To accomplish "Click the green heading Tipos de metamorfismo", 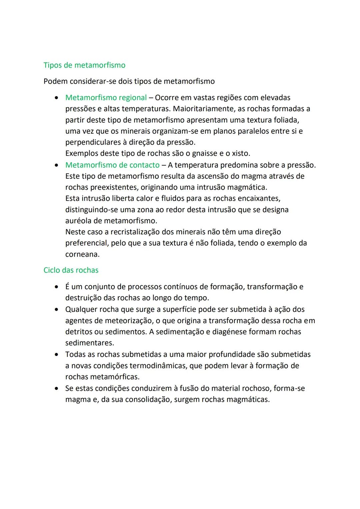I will point(84,65).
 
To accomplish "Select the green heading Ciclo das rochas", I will point(71,270).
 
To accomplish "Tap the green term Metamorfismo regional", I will point(106,98).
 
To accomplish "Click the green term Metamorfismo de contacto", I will point(112,165).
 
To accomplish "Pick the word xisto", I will point(241,153).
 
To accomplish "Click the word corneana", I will point(82,254).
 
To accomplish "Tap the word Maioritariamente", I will point(203,109).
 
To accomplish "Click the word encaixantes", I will point(258,198).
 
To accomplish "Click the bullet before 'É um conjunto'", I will point(57,287).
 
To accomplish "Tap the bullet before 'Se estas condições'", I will point(57,388).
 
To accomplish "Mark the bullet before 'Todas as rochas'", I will point(57,355).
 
